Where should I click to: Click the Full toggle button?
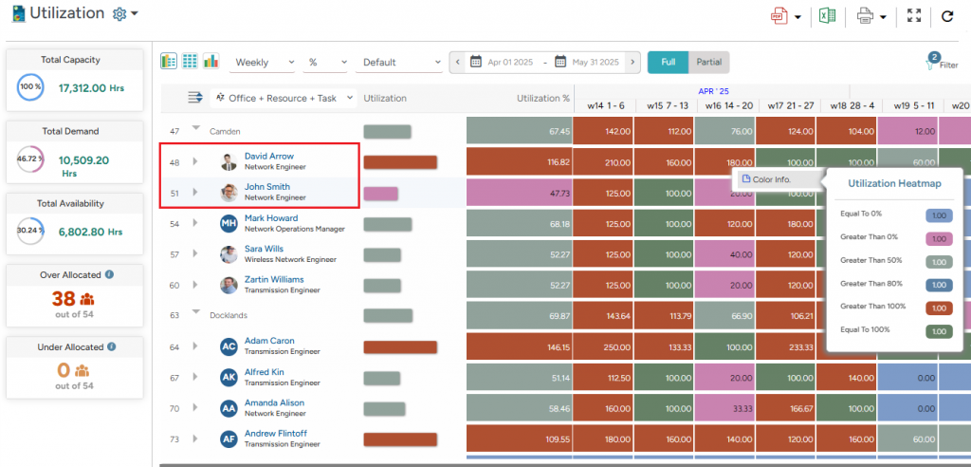[x=668, y=62]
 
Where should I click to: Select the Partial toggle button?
[x=708, y=62]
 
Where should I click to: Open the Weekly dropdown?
[x=264, y=63]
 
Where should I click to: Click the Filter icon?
[x=933, y=63]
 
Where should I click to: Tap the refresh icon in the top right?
[x=946, y=15]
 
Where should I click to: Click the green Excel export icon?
[x=827, y=15]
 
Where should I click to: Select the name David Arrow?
[x=269, y=156]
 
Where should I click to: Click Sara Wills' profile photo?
[x=229, y=254]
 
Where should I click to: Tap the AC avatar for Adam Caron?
[x=229, y=346]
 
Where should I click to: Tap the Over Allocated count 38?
[x=64, y=298]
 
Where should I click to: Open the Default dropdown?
[x=399, y=63]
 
